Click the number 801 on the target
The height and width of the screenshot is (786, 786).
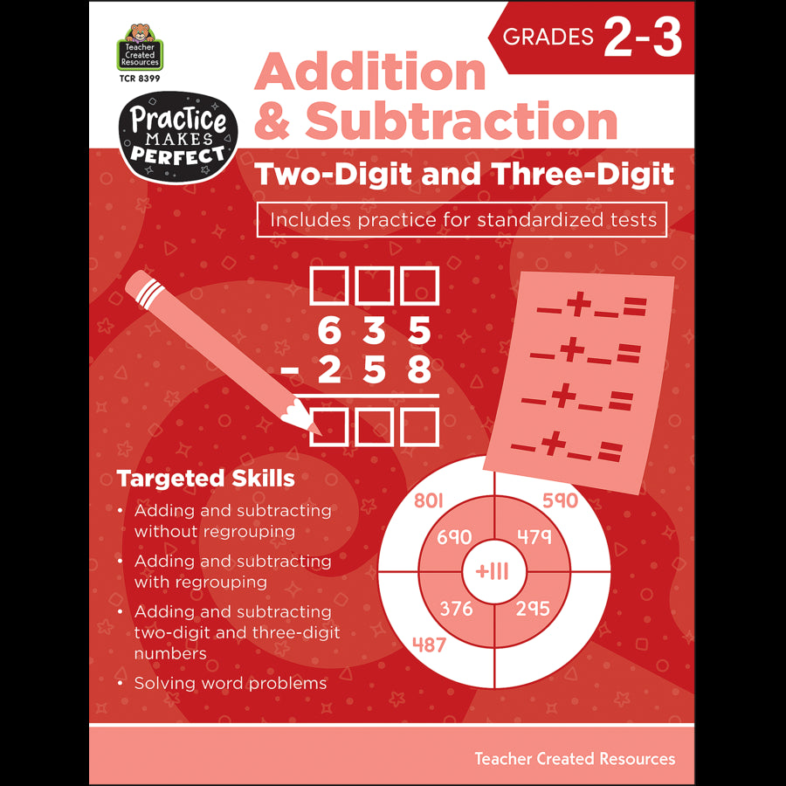tap(430, 500)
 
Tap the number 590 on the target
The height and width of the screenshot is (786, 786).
tap(560, 500)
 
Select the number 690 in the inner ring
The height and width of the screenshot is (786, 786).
tap(454, 537)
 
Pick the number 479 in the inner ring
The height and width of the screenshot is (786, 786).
tap(534, 537)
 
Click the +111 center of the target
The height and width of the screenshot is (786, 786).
tap(492, 572)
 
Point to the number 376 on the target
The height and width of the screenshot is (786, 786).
tap(456, 608)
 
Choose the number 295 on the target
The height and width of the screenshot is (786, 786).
tap(533, 608)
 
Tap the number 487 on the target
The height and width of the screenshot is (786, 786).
tap(429, 645)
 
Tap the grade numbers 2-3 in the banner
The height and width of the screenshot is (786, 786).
tap(642, 39)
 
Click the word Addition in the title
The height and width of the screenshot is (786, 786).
tap(370, 72)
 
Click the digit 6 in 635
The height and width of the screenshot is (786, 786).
tap(328, 332)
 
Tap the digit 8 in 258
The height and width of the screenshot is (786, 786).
tap(419, 371)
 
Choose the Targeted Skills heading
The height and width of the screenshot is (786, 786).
tap(205, 479)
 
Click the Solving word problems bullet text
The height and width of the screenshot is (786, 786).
tap(230, 683)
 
